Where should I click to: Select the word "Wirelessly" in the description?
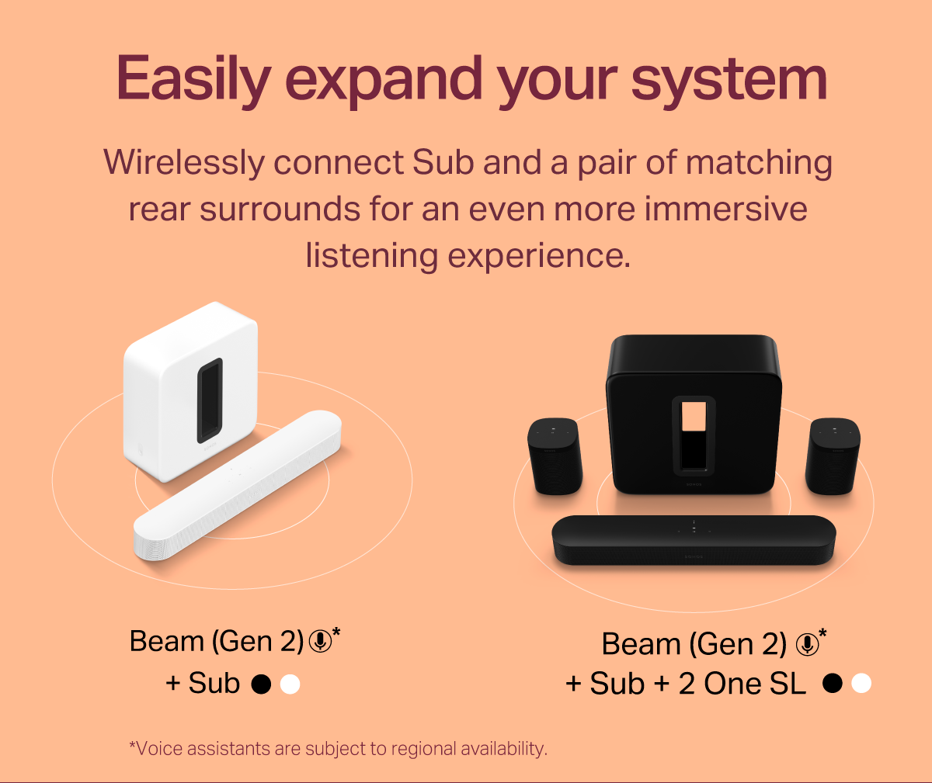(x=184, y=163)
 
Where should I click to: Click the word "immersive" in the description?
(x=725, y=208)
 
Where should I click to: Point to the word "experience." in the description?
(x=539, y=255)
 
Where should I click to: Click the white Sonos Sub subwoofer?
(x=190, y=391)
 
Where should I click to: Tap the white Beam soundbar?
(x=238, y=485)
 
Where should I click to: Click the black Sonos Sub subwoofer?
(x=694, y=414)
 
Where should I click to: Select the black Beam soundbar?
(x=694, y=540)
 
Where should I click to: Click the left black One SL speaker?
(x=555, y=456)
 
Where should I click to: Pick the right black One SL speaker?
(x=833, y=456)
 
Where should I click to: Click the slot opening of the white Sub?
(x=210, y=400)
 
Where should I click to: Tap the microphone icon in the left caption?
(x=321, y=641)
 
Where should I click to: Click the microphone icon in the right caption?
(x=808, y=644)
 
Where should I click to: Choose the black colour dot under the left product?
(x=261, y=684)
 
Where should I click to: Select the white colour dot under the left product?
(x=290, y=684)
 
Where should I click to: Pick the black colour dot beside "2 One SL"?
(x=833, y=683)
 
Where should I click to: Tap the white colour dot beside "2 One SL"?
(x=861, y=683)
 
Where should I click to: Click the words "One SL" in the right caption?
(x=755, y=683)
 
